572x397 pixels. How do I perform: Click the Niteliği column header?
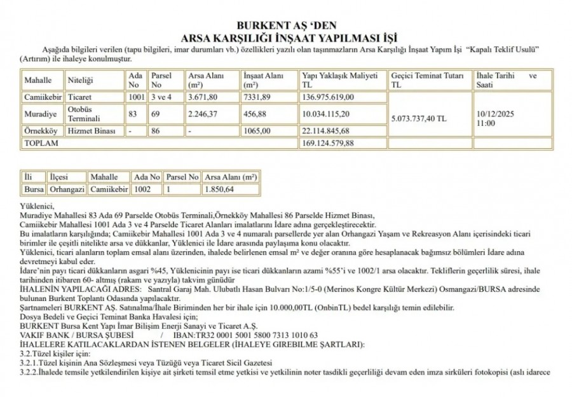pyautogui.click(x=80, y=81)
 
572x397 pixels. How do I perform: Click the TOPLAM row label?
pyautogui.click(x=41, y=143)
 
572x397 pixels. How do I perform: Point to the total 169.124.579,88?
pyautogui.click(x=327, y=143)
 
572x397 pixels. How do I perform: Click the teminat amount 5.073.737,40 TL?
pyautogui.click(x=419, y=118)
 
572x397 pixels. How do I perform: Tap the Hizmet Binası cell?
pyautogui.click(x=92, y=130)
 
